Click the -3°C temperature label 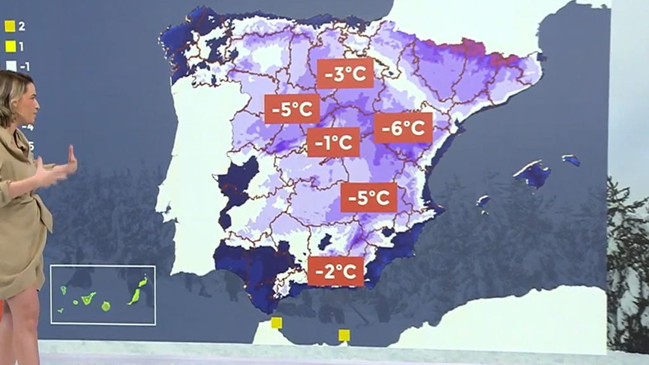pyautogui.click(x=344, y=75)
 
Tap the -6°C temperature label pyautogui.click(x=403, y=128)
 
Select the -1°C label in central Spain pyautogui.click(x=333, y=142)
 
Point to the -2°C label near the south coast pyautogui.click(x=336, y=271)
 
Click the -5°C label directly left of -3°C pyautogui.click(x=292, y=110)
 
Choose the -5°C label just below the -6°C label pyautogui.click(x=369, y=197)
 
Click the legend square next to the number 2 pyautogui.click(x=10, y=27)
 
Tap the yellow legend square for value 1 pyautogui.click(x=10, y=46)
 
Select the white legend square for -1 pyautogui.click(x=10, y=65)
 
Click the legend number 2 pyautogui.click(x=22, y=27)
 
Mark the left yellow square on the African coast pyautogui.click(x=276, y=323)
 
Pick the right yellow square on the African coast pyautogui.click(x=344, y=335)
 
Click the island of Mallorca pyautogui.click(x=533, y=173)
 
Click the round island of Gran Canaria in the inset pyautogui.click(x=106, y=306)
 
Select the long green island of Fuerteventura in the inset pyautogui.click(x=138, y=292)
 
